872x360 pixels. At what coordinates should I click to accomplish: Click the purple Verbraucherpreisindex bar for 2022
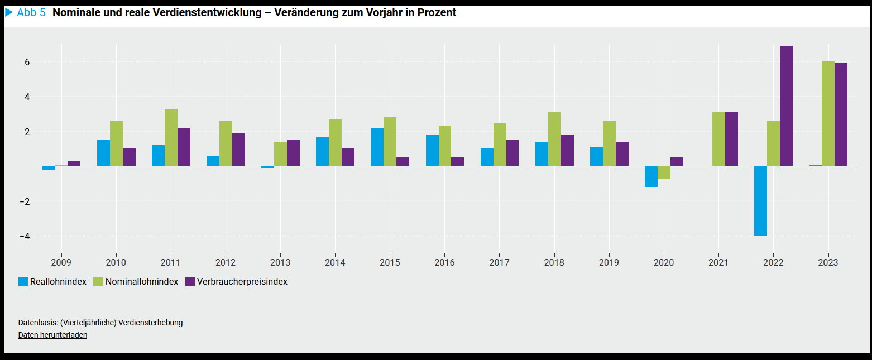(x=786, y=106)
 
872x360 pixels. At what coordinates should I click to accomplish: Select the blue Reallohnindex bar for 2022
(x=760, y=201)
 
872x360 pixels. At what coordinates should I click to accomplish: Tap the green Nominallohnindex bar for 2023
(x=828, y=114)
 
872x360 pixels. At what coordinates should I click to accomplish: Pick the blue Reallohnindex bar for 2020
(x=651, y=176)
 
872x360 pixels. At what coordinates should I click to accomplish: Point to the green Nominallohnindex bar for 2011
(x=171, y=137)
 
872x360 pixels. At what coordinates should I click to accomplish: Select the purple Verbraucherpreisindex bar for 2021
(x=731, y=139)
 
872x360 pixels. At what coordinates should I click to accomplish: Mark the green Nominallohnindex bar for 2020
(x=664, y=172)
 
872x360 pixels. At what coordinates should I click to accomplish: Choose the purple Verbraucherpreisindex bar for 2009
(x=74, y=164)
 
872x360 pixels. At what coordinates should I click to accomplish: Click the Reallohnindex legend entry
(x=52, y=282)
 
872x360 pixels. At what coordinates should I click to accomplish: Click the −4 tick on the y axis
(x=24, y=236)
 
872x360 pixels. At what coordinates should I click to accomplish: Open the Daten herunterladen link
(x=52, y=335)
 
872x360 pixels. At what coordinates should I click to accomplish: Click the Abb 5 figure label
(x=31, y=13)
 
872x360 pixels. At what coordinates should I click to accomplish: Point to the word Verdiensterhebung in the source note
(x=155, y=323)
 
